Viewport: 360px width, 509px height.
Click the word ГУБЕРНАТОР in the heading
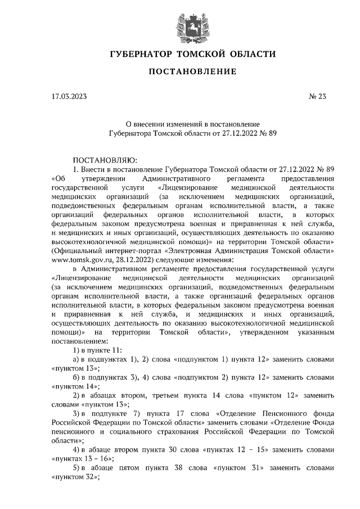[x=139, y=55]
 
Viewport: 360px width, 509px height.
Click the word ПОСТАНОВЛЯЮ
[x=101, y=160]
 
